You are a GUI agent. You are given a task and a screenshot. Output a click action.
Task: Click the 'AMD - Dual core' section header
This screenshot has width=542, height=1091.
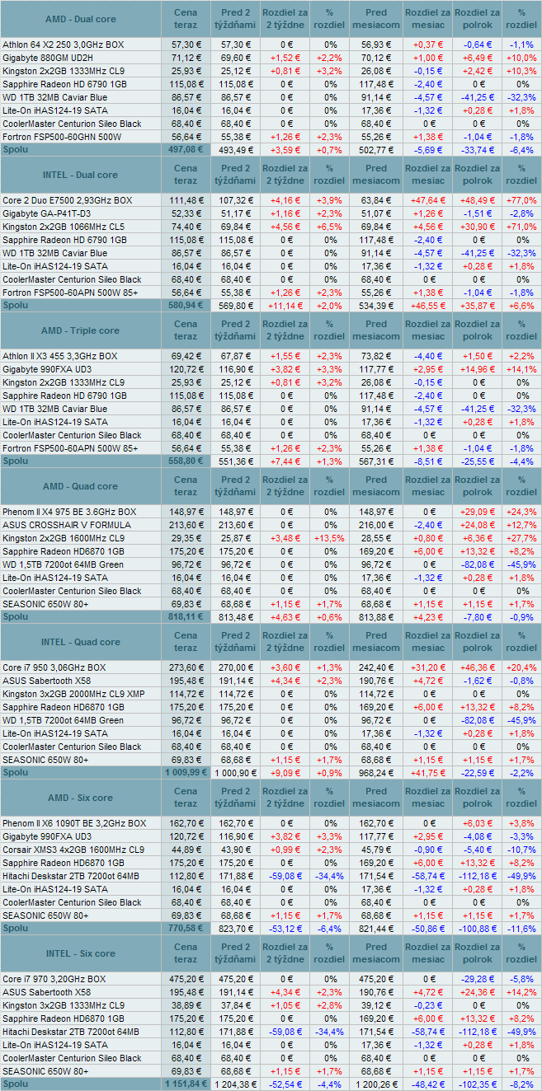80,19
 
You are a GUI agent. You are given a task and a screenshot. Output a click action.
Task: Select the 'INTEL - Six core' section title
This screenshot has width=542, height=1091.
80,953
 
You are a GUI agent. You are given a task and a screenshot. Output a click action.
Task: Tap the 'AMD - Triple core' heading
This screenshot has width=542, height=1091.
80,330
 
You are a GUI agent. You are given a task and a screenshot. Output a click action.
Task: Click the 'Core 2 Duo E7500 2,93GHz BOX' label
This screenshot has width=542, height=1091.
67,200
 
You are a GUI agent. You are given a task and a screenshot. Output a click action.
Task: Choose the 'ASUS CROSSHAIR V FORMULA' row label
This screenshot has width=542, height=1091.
66,525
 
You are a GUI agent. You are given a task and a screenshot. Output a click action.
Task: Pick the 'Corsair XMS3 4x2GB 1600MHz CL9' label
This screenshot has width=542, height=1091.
73,850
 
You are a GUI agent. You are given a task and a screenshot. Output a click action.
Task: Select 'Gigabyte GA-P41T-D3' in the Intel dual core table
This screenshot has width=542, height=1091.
46,213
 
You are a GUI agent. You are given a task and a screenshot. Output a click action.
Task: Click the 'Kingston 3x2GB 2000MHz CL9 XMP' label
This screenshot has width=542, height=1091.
73,694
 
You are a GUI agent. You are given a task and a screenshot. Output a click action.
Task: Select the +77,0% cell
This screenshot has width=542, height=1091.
521,200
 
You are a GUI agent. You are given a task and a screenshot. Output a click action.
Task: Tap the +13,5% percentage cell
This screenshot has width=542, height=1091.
329,538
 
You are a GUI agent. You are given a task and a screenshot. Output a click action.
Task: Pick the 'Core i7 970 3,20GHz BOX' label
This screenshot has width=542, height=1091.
54,979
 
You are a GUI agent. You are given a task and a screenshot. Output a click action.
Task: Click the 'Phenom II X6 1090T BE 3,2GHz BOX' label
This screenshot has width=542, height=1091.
73,823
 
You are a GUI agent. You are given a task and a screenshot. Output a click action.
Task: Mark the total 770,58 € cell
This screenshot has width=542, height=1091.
186,929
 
